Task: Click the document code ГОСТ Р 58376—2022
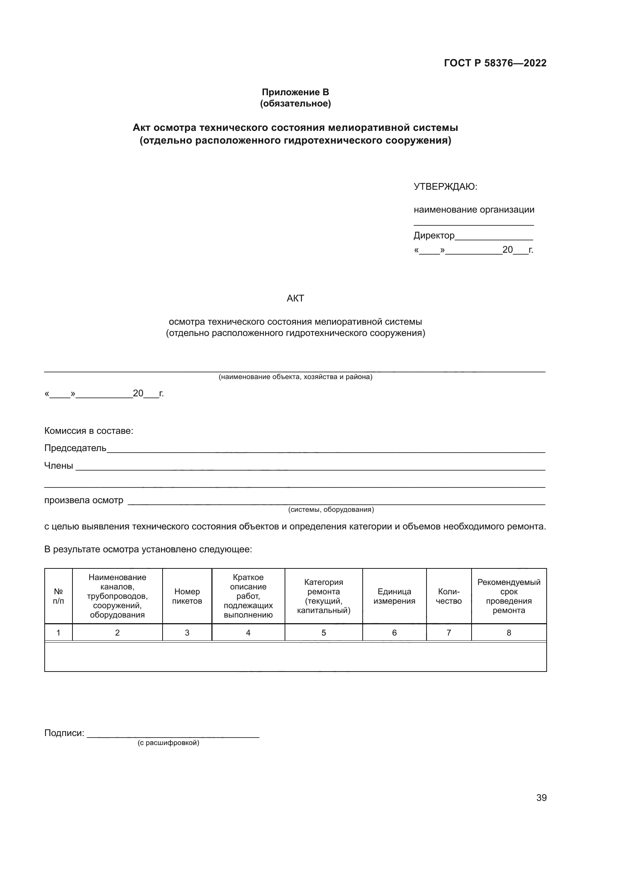[495, 63]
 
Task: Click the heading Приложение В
[295, 92]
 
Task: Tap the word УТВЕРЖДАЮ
[445, 187]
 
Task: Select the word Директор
[434, 236]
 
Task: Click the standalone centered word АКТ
[295, 298]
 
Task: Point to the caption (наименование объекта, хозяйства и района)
[295, 377]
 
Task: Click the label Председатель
[75, 448]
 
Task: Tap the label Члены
[59, 466]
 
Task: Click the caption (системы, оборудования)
[331, 510]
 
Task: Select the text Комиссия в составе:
[89, 431]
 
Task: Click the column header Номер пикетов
[187, 596]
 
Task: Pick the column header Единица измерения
[394, 596]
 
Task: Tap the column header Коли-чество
[449, 596]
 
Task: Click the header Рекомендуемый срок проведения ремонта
[509, 596]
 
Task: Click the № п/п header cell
[59, 596]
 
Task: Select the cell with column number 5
[324, 633]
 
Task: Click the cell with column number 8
[509, 633]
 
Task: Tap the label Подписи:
[64, 733]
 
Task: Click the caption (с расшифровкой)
[168, 743]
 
